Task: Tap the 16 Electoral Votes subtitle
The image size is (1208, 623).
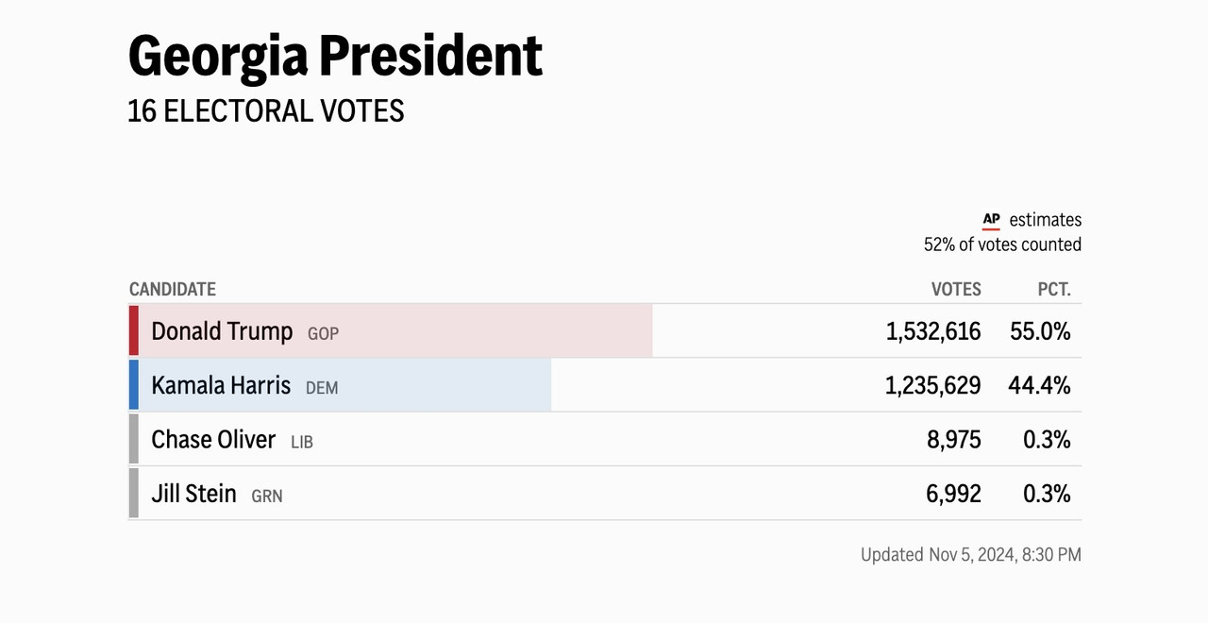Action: pos(266,111)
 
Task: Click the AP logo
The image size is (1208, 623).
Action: pos(991,220)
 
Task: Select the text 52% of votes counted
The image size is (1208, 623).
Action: pos(1002,244)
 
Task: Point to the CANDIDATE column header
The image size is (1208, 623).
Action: pos(173,290)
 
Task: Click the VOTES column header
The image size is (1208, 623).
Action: pos(956,290)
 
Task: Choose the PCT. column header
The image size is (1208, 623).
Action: pos(1054,290)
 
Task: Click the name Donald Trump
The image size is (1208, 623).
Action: pos(222,331)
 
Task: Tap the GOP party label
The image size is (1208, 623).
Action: pos(323,334)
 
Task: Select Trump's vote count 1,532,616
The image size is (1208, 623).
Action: pos(933,331)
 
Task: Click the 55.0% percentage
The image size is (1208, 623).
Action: pos(1040,331)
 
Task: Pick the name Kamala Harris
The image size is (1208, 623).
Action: pos(221,385)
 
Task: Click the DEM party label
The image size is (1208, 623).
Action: pos(322,388)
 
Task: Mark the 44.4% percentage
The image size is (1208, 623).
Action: pos(1040,385)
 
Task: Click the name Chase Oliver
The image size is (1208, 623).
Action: pos(213,439)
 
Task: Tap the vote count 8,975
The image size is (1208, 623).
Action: pos(954,440)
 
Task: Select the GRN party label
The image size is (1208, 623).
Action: pos(267,496)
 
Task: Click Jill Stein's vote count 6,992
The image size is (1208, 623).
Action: pos(953,494)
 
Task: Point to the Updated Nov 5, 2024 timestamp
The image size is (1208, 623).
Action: pos(971,554)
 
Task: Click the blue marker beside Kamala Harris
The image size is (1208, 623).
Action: pos(134,384)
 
